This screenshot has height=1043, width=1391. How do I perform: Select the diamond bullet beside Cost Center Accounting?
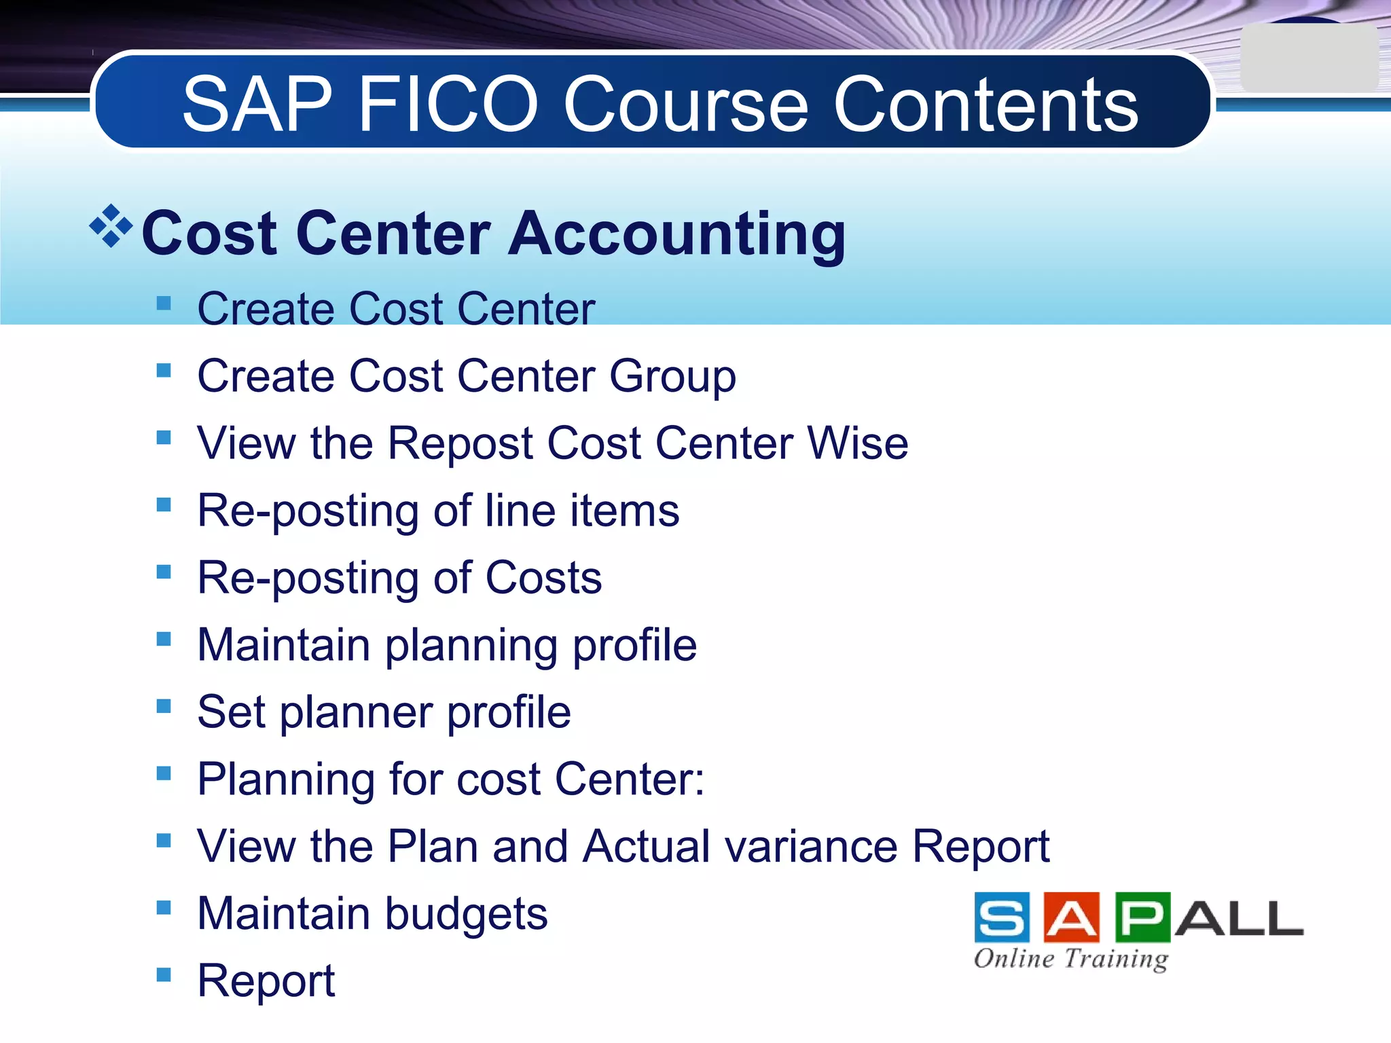pyautogui.click(x=111, y=225)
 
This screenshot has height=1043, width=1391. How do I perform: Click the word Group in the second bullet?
pyautogui.click(x=672, y=377)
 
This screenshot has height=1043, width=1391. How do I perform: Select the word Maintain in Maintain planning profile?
pyautogui.click(x=283, y=644)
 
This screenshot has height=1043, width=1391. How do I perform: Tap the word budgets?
pyautogui.click(x=466, y=915)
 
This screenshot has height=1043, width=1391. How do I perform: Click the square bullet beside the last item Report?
pyautogui.click(x=164, y=975)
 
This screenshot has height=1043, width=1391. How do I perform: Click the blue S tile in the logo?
pyautogui.click(x=1001, y=918)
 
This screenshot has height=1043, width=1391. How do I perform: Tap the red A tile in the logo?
pyautogui.click(x=1072, y=918)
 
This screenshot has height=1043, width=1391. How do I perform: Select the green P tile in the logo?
pyautogui.click(x=1142, y=918)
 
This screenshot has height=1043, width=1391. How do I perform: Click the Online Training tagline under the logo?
pyautogui.click(x=1070, y=959)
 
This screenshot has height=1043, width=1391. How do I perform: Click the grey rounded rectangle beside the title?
pyautogui.click(x=1308, y=58)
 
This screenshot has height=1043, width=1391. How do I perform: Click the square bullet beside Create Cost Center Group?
pyautogui.click(x=164, y=371)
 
